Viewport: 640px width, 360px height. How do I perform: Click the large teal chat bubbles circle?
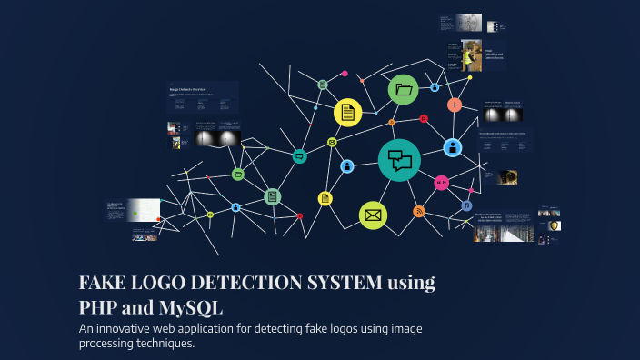[399, 160]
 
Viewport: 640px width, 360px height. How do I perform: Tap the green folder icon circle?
[403, 89]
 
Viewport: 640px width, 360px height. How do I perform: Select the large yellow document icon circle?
[347, 113]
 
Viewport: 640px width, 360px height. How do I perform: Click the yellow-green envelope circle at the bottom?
[373, 215]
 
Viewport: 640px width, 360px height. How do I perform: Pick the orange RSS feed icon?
[419, 212]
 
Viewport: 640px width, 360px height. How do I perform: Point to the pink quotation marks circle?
[442, 183]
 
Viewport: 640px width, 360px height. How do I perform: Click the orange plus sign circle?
[455, 105]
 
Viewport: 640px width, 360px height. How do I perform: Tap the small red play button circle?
[424, 118]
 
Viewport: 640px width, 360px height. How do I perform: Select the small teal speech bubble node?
[299, 155]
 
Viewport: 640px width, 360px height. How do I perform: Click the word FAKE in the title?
[104, 283]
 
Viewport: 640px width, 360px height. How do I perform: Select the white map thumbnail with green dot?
[143, 210]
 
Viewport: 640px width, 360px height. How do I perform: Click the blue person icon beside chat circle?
[452, 147]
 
